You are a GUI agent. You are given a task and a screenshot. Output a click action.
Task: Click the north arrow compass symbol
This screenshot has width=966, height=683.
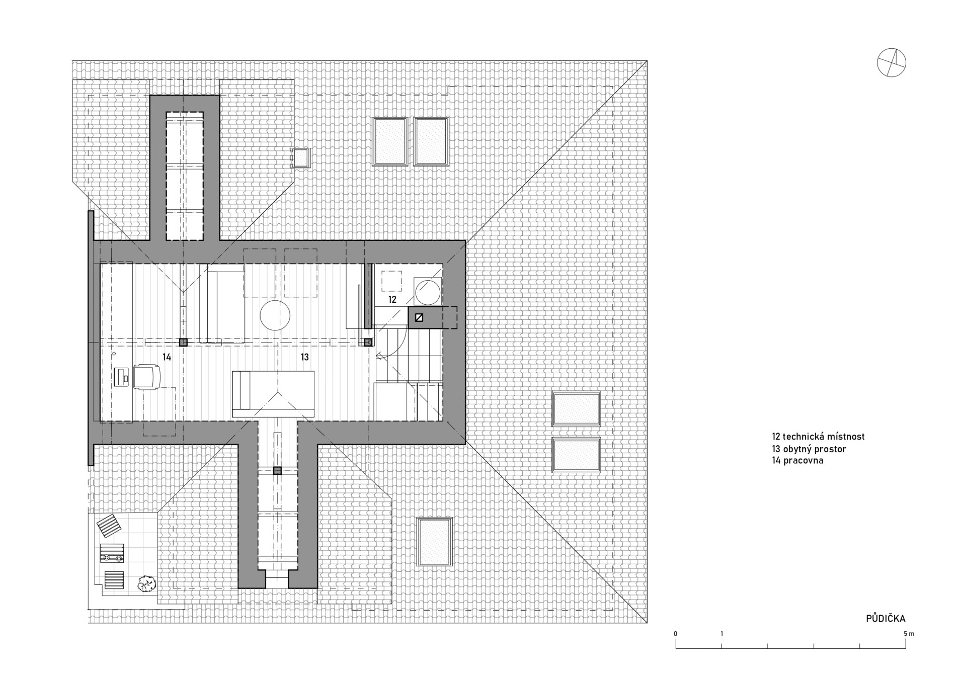(x=891, y=63)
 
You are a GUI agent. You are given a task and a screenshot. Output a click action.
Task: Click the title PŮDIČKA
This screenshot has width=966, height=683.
(x=886, y=619)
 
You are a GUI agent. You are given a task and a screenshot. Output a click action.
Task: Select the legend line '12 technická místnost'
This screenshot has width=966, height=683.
(x=819, y=437)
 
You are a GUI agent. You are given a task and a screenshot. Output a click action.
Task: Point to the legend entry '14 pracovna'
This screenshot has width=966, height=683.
(x=798, y=460)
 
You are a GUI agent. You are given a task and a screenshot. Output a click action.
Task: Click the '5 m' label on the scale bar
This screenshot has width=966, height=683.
(x=909, y=634)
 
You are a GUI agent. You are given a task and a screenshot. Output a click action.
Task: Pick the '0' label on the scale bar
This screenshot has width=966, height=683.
(x=676, y=634)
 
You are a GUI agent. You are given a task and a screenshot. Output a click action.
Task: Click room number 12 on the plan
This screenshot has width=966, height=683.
(x=392, y=299)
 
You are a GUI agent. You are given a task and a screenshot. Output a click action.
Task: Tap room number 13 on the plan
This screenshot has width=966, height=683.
(x=305, y=357)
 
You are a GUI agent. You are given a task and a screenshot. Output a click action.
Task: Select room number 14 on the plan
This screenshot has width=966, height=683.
(x=167, y=357)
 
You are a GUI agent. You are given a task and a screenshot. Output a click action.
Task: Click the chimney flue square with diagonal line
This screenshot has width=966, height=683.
(x=419, y=318)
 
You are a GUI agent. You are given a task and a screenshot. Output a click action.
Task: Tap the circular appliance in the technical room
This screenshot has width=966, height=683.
(x=428, y=292)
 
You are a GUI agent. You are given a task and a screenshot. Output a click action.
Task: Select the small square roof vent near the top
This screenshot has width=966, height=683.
(x=301, y=157)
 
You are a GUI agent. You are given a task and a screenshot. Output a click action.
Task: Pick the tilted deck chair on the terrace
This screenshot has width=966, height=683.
(x=109, y=526)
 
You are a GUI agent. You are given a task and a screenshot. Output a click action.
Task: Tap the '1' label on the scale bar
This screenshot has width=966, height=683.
(x=721, y=634)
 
